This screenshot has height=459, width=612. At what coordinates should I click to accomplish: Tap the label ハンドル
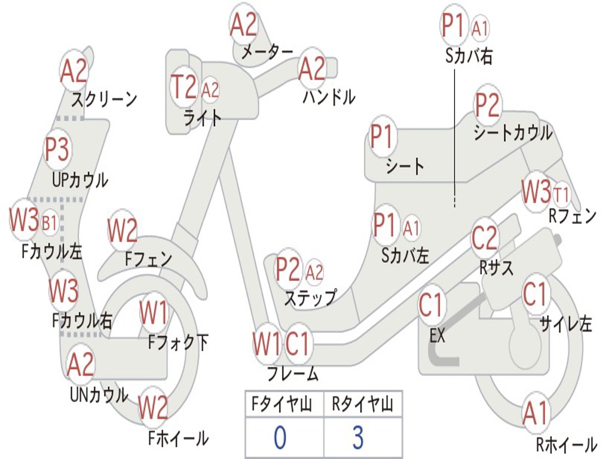(328, 96)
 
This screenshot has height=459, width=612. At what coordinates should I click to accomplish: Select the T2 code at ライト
(183, 88)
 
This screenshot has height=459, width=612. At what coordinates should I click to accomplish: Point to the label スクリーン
(104, 99)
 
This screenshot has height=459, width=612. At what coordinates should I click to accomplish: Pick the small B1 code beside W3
(50, 224)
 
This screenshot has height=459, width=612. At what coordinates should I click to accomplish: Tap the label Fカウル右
(82, 321)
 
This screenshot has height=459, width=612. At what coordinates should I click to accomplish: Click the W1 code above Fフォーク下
(154, 311)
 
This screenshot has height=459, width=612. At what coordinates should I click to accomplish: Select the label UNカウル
(99, 394)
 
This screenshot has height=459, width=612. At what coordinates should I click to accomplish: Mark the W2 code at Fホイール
(153, 408)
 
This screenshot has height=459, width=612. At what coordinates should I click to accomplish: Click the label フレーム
(292, 375)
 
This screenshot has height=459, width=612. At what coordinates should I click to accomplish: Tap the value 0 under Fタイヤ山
(280, 437)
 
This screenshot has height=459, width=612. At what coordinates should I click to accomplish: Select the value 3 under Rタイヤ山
(357, 437)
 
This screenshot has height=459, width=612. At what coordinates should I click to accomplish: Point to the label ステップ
(310, 297)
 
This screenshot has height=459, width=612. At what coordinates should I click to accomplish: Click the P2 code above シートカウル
(487, 105)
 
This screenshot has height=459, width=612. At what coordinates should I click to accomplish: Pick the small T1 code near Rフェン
(561, 194)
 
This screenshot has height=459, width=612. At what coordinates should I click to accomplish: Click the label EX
(437, 336)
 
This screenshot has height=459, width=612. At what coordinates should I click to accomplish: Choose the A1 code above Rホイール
(535, 413)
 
